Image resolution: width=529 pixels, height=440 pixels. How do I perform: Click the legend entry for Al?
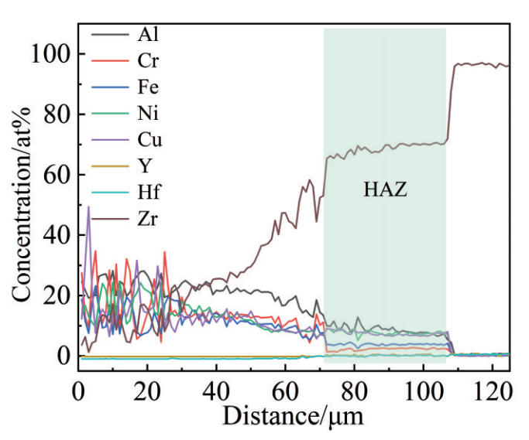click(x=146, y=35)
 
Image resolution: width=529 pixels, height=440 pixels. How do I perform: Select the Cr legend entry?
click(x=146, y=60)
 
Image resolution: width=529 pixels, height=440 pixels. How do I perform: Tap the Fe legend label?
click(x=148, y=87)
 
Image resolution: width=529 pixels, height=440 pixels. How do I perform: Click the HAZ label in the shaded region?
click(x=385, y=188)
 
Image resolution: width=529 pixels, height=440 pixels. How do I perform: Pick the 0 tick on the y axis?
click(x=64, y=356)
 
